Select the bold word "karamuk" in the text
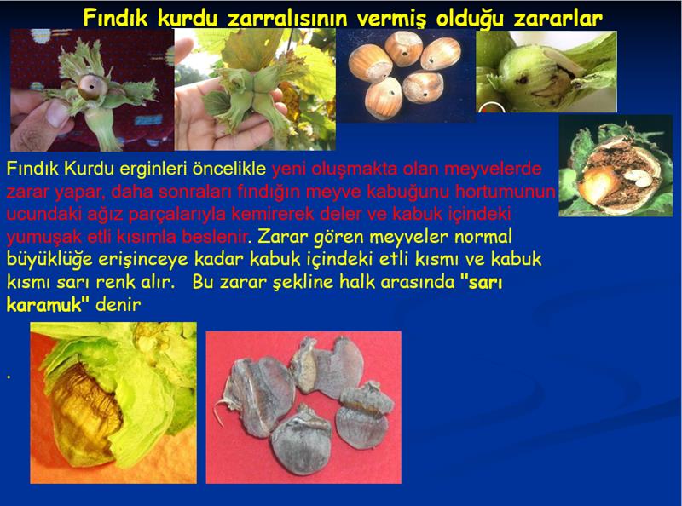(x=44, y=304)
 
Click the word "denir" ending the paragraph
(x=118, y=304)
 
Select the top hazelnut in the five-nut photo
(x=403, y=48)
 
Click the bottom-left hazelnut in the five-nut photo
(x=383, y=97)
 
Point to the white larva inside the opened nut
(x=637, y=175)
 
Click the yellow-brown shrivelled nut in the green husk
(x=84, y=414)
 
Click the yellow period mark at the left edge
(x=9, y=376)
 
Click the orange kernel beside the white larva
(x=599, y=184)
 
